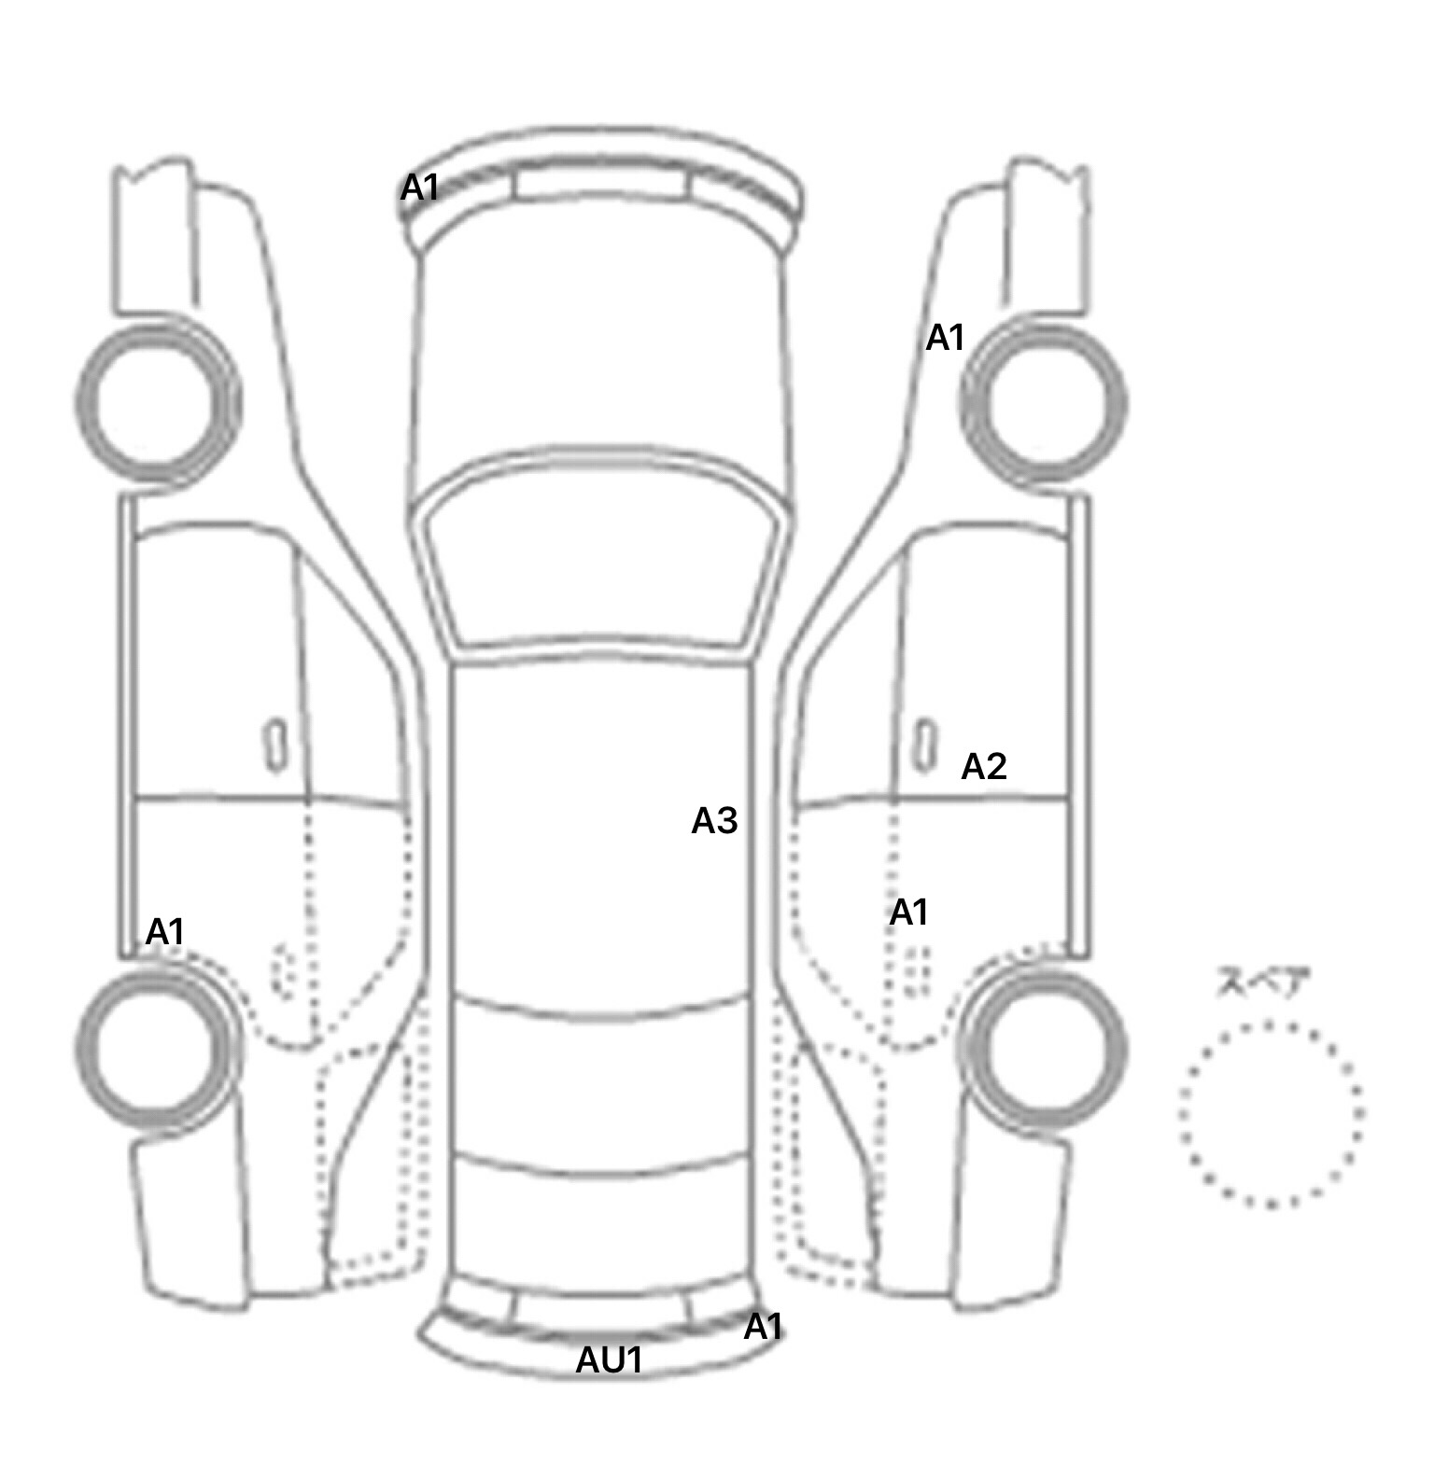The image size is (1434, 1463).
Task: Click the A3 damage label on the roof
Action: click(x=714, y=821)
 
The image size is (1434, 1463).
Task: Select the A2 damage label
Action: click(x=984, y=767)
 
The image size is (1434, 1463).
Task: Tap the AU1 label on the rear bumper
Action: click(x=609, y=1360)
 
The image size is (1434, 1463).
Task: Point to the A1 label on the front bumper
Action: click(x=419, y=188)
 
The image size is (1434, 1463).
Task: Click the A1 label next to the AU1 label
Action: click(x=763, y=1327)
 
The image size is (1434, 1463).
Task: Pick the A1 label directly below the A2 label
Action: click(x=908, y=913)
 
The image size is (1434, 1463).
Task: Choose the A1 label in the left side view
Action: click(x=165, y=931)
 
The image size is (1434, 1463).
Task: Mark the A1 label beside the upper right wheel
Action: click(x=945, y=338)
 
